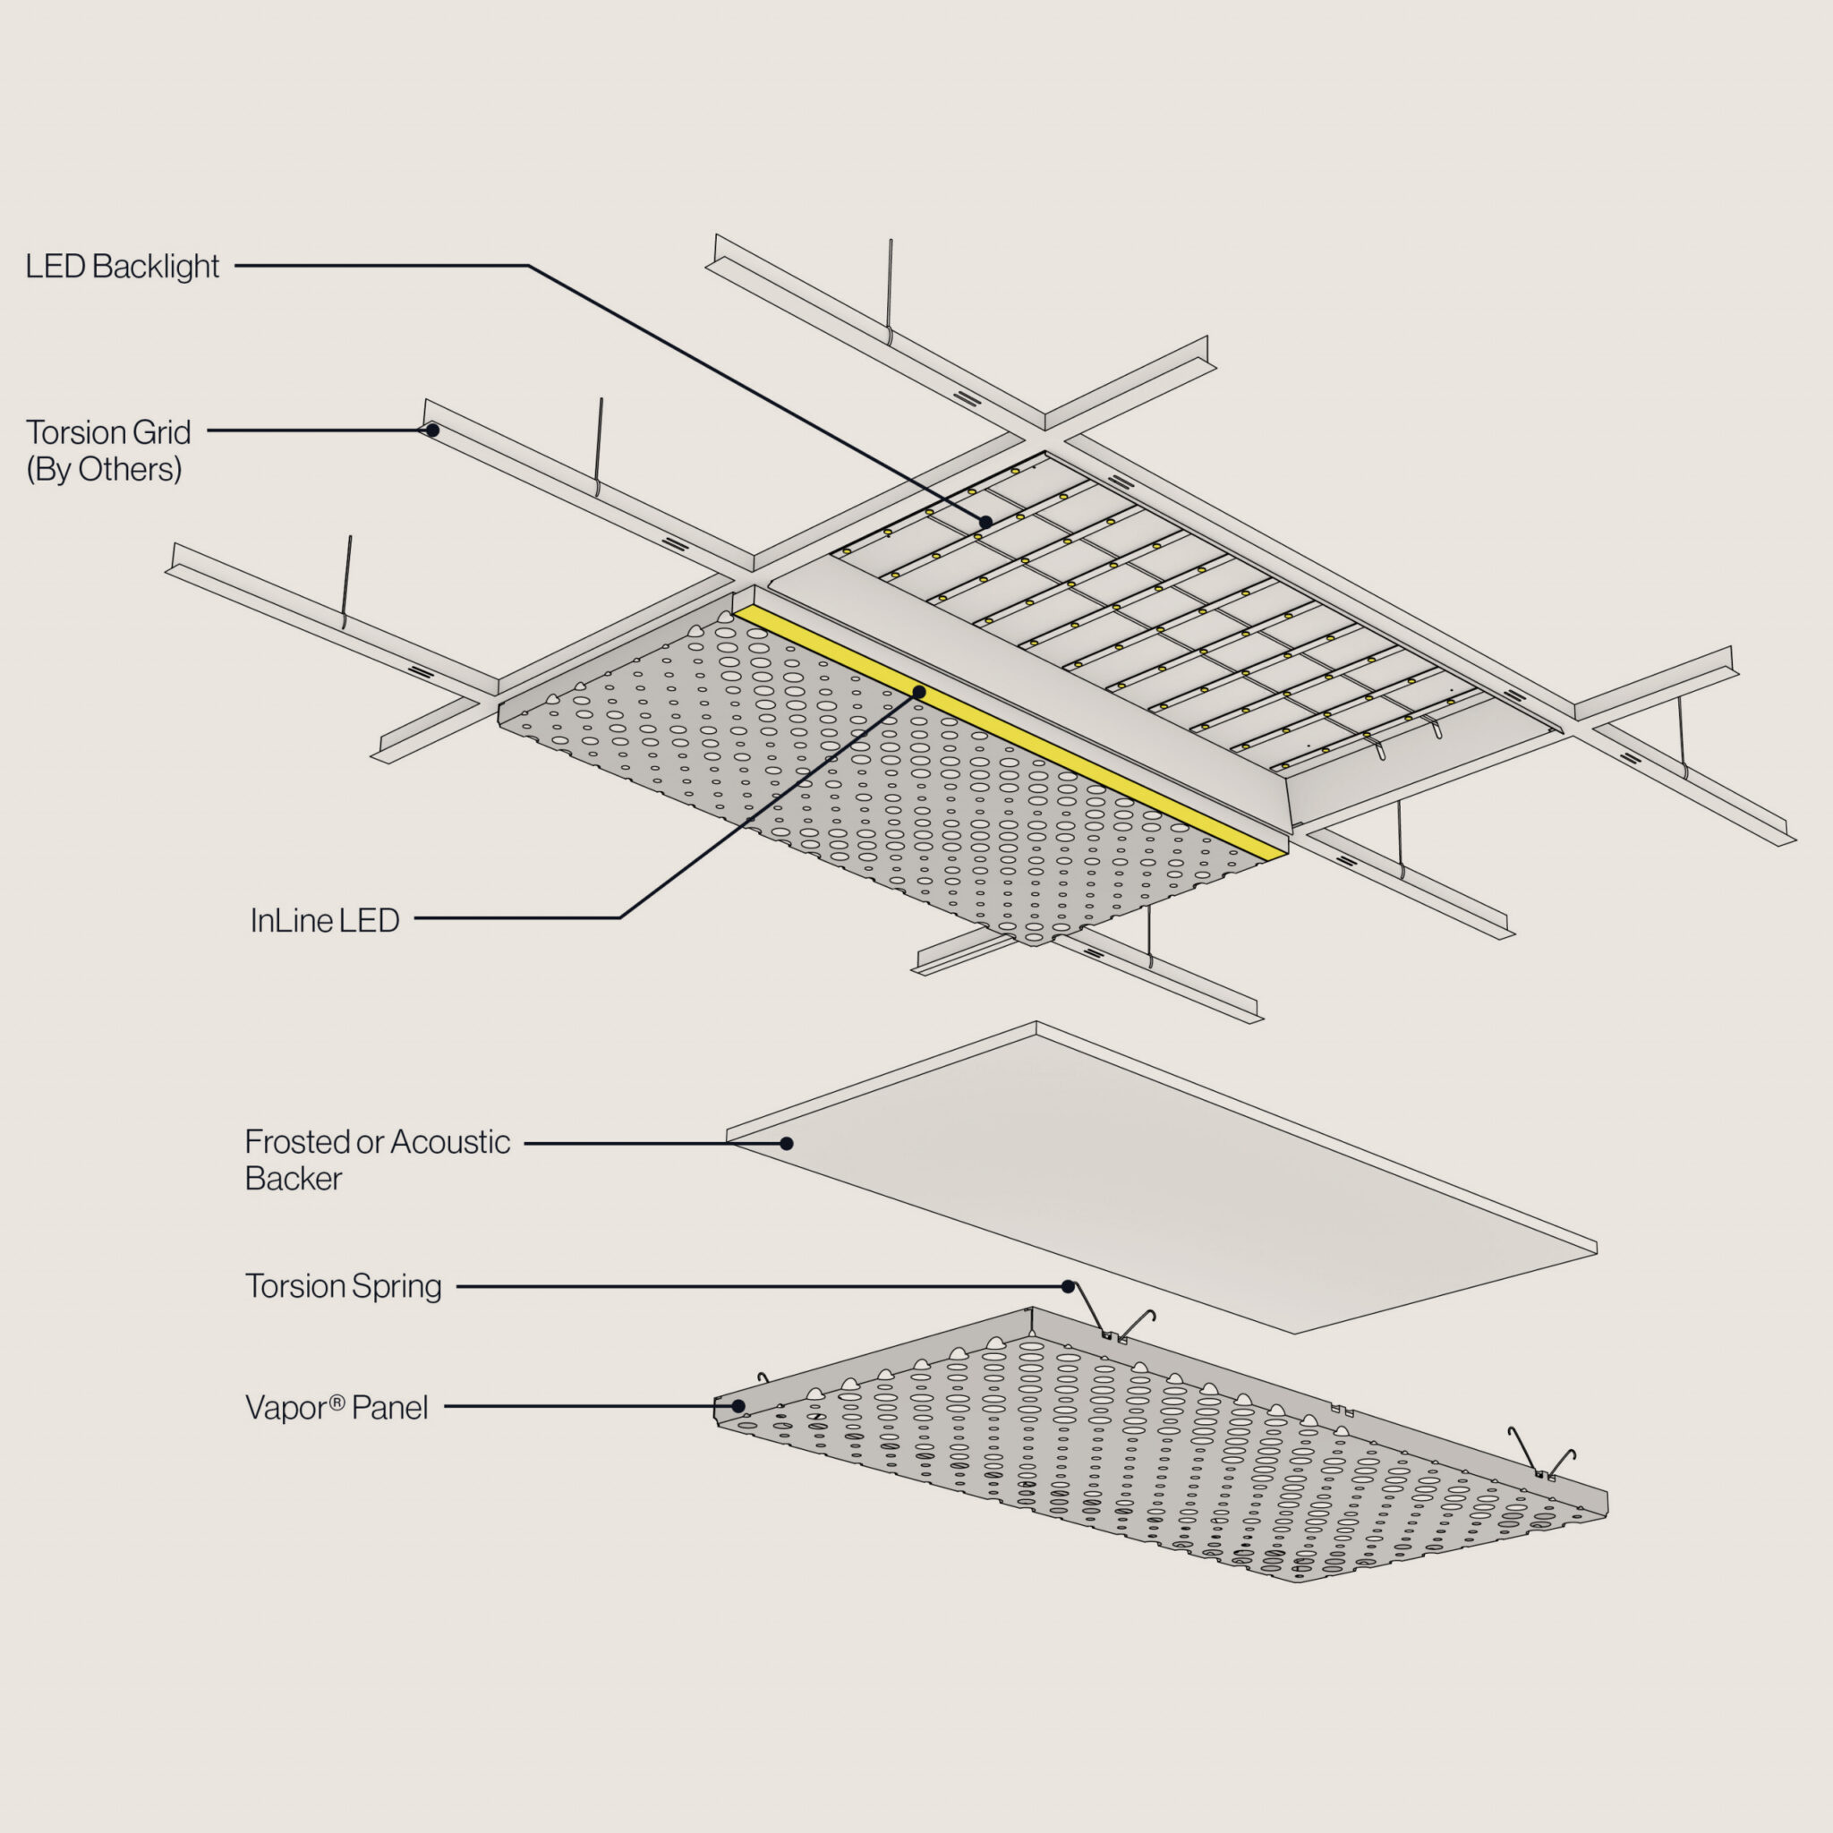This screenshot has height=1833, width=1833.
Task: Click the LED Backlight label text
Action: [123, 267]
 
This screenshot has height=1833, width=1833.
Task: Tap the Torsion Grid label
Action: [108, 432]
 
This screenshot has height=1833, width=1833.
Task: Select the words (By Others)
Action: [104, 470]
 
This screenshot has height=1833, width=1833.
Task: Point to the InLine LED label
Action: [325, 920]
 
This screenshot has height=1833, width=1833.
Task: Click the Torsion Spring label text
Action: [344, 1286]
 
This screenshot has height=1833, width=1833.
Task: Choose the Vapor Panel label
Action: [337, 1408]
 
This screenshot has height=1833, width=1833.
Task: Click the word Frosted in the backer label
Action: [296, 1142]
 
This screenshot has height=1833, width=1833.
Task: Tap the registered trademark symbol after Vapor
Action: [337, 1402]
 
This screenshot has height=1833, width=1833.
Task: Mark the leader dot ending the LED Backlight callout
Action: [985, 522]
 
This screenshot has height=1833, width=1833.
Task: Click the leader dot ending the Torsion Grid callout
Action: [432, 430]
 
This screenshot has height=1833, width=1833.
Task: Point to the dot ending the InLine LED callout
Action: [918, 693]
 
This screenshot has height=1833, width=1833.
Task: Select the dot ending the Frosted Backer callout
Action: [787, 1143]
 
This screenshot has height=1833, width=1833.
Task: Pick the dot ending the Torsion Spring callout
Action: [1069, 1287]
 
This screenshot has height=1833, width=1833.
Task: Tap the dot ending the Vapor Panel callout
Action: [738, 1406]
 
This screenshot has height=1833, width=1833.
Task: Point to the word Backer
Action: [294, 1180]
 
